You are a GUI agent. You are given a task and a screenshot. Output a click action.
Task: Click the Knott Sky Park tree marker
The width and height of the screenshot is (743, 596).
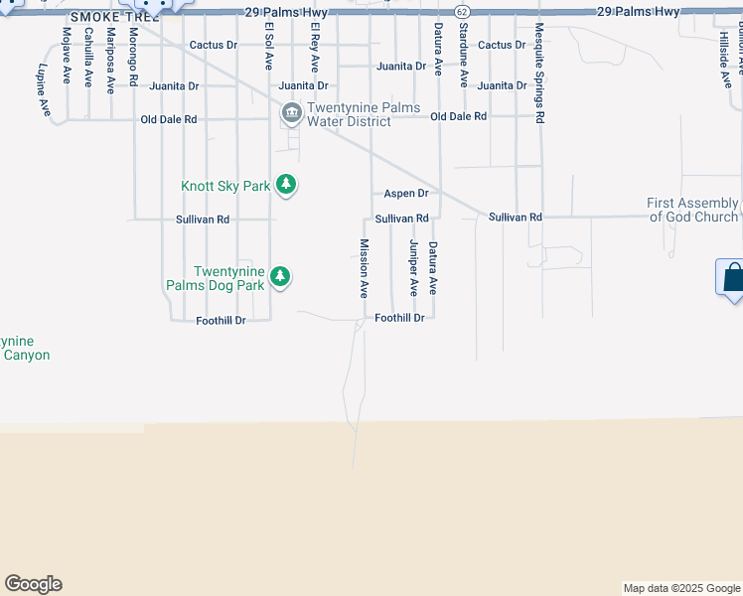(286, 185)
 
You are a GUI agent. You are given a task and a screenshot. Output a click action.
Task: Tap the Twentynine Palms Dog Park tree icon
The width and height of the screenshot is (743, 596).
(280, 276)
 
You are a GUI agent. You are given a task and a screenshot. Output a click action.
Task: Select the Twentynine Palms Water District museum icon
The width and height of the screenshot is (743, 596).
(291, 113)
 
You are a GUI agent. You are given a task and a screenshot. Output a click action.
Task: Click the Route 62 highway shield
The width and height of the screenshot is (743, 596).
(462, 11)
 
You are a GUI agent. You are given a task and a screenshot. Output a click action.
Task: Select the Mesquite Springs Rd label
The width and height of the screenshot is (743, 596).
(539, 73)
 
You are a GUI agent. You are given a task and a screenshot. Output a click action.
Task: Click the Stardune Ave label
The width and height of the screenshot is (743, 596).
(463, 58)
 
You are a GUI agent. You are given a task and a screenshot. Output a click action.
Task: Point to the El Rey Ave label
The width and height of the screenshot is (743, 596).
(314, 48)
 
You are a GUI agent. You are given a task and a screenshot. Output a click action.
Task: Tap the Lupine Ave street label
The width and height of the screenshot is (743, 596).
(43, 91)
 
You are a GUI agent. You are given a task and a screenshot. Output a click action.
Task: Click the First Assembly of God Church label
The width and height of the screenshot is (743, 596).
(692, 210)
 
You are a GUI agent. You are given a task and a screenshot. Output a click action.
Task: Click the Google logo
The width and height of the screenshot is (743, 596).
(33, 584)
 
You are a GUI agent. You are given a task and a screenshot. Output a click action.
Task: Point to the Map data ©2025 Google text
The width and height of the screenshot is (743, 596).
(681, 588)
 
